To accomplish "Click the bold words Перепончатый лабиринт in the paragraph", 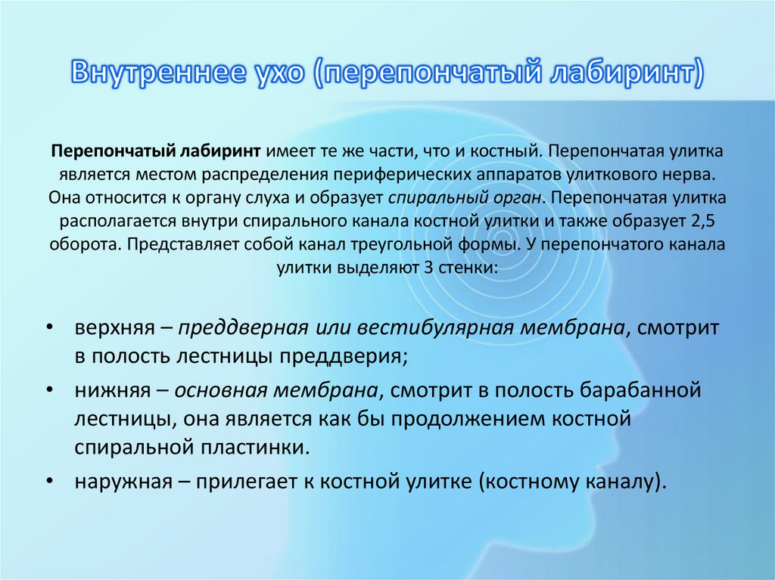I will pyautogui.click(x=157, y=152).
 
